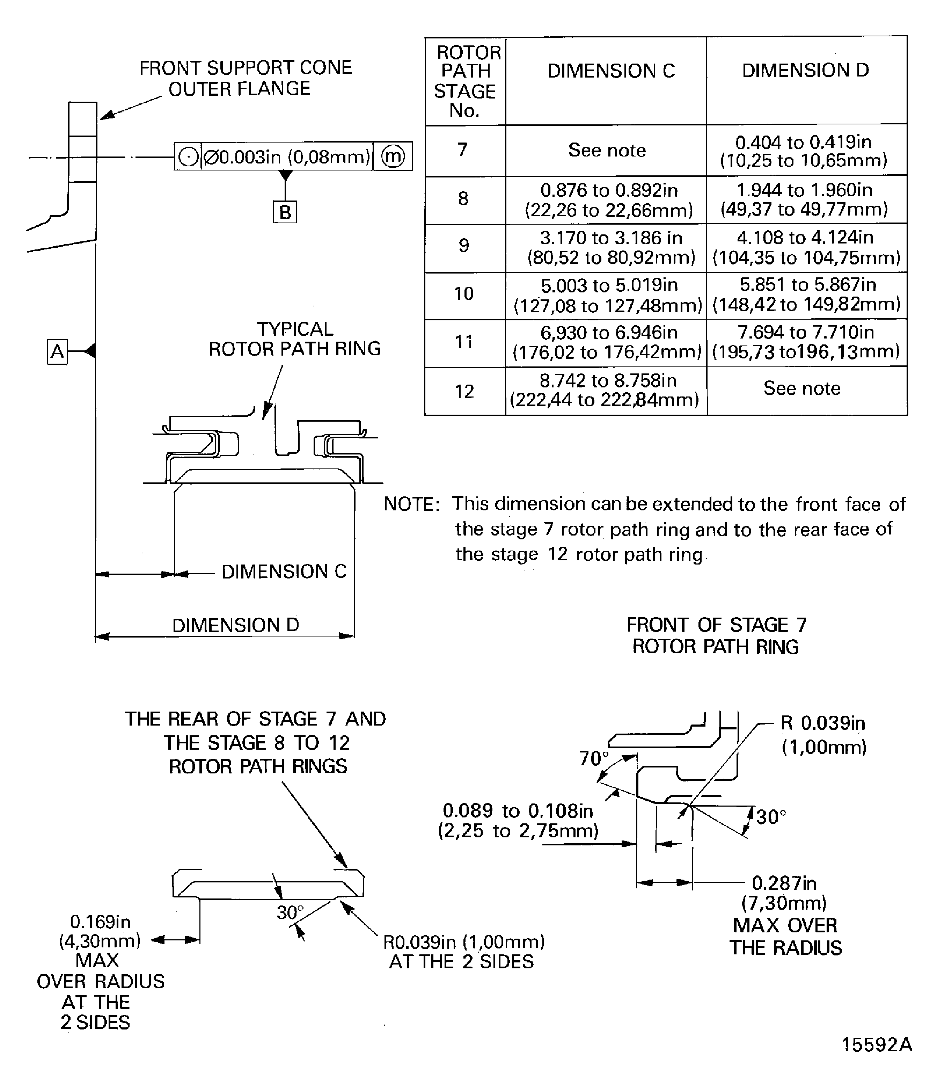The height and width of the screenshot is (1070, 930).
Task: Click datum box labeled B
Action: [x=285, y=212]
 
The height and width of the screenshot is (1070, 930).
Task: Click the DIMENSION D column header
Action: [x=805, y=70]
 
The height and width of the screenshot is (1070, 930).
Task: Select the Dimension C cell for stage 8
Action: [x=609, y=200]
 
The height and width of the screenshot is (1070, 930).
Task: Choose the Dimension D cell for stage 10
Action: [x=806, y=294]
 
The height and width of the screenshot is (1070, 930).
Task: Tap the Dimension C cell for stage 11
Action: [x=607, y=342]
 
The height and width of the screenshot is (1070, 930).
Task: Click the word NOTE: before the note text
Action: [x=411, y=504]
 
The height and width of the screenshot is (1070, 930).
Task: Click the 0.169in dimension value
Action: [x=100, y=922]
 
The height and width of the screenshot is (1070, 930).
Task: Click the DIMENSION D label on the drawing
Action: [x=236, y=625]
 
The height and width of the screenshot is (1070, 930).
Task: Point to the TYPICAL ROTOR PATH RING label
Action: [x=295, y=339]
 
